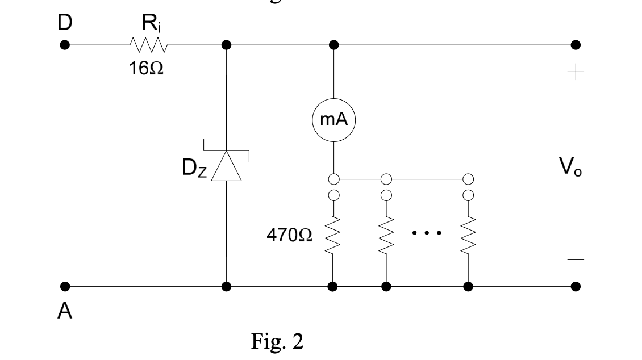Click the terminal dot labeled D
65,45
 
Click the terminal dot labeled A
65,286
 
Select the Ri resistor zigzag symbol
148,45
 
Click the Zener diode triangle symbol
226,165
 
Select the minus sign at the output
576,259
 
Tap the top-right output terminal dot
576,45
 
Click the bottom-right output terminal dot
576,286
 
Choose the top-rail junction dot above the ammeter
333,45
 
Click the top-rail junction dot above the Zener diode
226,45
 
